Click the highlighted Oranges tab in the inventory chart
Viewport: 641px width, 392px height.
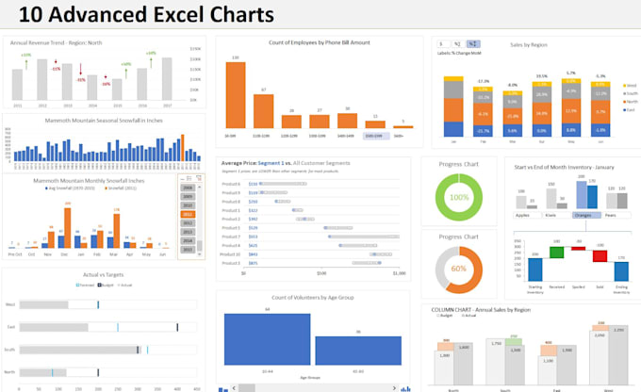click(x=587, y=214)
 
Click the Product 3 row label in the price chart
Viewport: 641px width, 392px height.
click(x=229, y=201)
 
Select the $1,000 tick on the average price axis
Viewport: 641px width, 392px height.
click(x=399, y=273)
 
